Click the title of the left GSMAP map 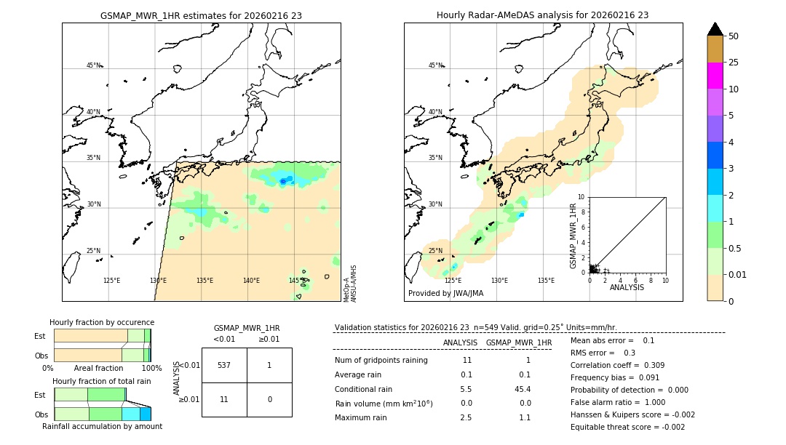201,15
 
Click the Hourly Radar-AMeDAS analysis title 542,15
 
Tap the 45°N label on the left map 93,65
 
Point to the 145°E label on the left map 297,281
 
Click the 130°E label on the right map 499,281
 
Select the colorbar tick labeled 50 734,36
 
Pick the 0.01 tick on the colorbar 737,274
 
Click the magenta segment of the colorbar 715,76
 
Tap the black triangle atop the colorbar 715,29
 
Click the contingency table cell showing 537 224,365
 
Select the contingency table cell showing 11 224,399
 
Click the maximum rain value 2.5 466,417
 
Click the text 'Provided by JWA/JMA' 445,294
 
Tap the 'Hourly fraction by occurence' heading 102,322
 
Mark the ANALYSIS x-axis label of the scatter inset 627,287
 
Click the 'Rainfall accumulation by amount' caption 102,426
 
